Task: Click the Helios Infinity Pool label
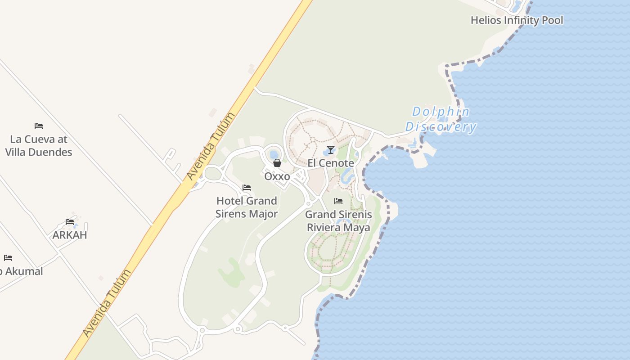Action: pyautogui.click(x=517, y=20)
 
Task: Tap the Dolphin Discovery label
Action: pyautogui.click(x=441, y=119)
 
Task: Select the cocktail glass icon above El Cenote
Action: pyautogui.click(x=331, y=149)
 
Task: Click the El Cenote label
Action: pyautogui.click(x=331, y=163)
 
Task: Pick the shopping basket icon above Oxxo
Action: pyautogui.click(x=277, y=163)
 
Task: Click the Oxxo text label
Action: pyautogui.click(x=277, y=176)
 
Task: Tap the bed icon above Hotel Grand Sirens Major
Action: pyautogui.click(x=247, y=188)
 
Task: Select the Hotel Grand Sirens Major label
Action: pyautogui.click(x=247, y=207)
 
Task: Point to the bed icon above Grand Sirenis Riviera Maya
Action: pyautogui.click(x=338, y=201)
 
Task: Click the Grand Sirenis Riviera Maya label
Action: pyautogui.click(x=339, y=221)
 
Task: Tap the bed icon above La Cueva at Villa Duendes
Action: pyautogui.click(x=39, y=126)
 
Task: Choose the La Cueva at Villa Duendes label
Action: pyautogui.click(x=39, y=145)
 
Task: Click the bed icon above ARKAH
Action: pyautogui.click(x=70, y=221)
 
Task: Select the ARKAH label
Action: pyautogui.click(x=70, y=235)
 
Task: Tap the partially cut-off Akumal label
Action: pyautogui.click(x=22, y=271)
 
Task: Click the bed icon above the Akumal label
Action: pyautogui.click(x=8, y=258)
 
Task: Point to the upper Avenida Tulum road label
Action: pyautogui.click(x=211, y=146)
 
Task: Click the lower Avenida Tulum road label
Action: pyautogui.click(x=107, y=303)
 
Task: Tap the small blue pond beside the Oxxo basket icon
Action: pyautogui.click(x=274, y=154)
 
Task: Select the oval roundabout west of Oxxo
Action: pyautogui.click(x=213, y=173)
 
